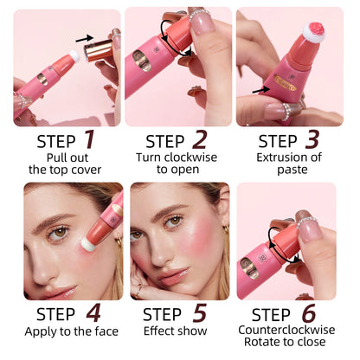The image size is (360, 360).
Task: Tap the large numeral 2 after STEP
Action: (x=200, y=139)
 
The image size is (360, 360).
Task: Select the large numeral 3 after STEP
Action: (x=312, y=139)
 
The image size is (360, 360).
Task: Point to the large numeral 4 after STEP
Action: (x=93, y=313)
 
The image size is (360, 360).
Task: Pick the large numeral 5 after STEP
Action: (x=200, y=313)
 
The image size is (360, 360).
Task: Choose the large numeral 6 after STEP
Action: (x=309, y=313)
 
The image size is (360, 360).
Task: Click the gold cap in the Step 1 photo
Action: (x=99, y=50)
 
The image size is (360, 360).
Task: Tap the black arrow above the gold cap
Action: (x=84, y=39)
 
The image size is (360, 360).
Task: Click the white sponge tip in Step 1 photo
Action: (x=74, y=56)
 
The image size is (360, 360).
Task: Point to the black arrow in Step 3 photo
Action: (x=261, y=90)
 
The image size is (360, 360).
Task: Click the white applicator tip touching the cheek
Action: (x=87, y=244)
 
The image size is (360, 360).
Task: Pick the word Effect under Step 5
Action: (x=156, y=331)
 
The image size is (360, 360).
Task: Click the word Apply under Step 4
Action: (x=38, y=331)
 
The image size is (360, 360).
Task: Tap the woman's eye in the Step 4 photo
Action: (x=58, y=233)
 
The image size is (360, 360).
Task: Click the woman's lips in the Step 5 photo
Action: (x=174, y=275)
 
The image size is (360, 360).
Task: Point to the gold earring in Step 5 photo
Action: (x=226, y=229)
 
